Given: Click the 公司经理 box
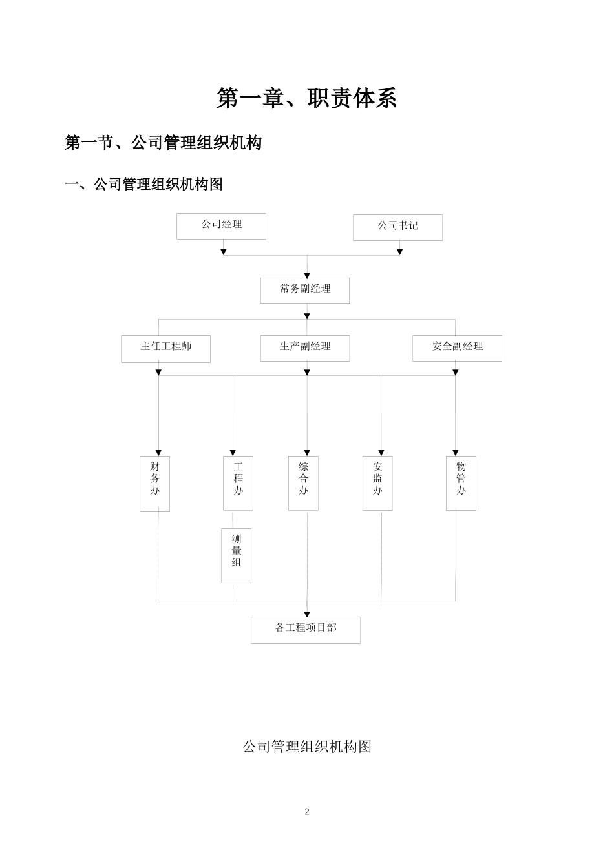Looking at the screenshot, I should tap(221, 226).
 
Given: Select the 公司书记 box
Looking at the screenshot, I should tap(397, 227).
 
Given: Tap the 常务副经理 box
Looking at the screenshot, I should tap(305, 290).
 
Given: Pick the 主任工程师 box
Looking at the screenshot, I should tap(165, 348).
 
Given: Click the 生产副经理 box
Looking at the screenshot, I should tap(305, 347).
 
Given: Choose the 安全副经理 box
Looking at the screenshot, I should tap(457, 347).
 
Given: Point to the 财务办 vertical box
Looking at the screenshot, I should tap(154, 483).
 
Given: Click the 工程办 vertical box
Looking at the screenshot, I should tap(238, 482).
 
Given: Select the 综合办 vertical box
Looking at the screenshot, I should tap(303, 482).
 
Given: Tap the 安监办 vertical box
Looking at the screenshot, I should tap(377, 482).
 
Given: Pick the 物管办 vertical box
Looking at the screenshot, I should tap(461, 482).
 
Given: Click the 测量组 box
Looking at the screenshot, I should tap(236, 555).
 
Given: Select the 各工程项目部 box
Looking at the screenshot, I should tap(305, 630).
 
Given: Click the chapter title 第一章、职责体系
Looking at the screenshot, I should tap(306, 98).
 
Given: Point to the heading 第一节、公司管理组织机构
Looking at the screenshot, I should tap(163, 142).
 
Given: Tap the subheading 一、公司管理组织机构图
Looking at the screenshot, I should tap(143, 184).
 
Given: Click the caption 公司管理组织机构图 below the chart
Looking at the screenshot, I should tap(307, 747).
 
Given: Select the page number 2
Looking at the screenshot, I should tap(307, 812).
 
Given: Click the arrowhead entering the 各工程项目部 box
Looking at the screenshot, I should tap(307, 614).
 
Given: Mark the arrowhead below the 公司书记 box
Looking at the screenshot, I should tap(399, 252).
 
